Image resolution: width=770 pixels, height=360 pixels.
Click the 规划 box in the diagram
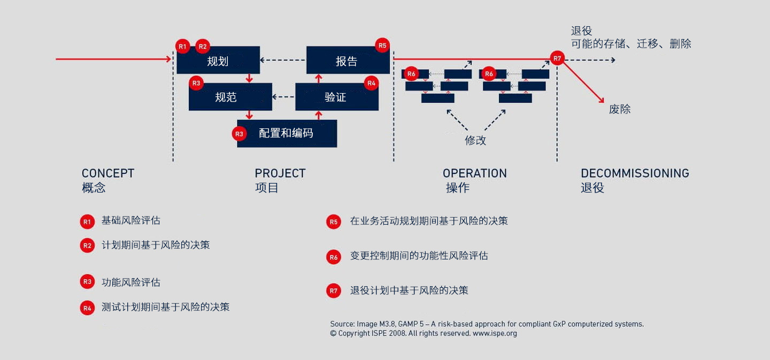pos(218,60)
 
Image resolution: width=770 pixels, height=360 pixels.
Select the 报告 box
pos(347,60)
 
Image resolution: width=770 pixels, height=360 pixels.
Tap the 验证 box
pos(336,97)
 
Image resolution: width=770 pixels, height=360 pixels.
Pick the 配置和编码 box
pos(287,133)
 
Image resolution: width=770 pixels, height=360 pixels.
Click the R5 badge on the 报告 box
pos(382,45)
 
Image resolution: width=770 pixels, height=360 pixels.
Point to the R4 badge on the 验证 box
pos(371,83)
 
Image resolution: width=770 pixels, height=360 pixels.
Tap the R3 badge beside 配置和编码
pos(239,133)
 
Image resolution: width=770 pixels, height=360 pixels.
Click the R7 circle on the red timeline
pos(557,58)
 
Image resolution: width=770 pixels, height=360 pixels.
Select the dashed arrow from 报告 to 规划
pos(283,60)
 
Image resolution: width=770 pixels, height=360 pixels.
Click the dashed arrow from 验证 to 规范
pos(283,97)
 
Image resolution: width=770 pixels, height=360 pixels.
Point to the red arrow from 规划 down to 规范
pos(249,78)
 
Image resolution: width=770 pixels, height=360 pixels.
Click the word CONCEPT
pos(108,173)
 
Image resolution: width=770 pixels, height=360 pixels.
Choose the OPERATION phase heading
pos(474,173)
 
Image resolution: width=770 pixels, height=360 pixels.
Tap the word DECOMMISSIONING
pos(635,173)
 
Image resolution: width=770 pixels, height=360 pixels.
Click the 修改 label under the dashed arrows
pos(475,140)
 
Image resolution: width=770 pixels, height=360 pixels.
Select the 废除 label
pos(620,109)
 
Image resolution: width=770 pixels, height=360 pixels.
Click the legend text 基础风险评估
pos(131,220)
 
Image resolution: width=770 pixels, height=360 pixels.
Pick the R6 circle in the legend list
pos(334,257)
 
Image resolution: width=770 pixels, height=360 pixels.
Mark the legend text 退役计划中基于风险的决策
pos(409,290)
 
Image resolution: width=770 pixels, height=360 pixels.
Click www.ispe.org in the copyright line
pos(495,333)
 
